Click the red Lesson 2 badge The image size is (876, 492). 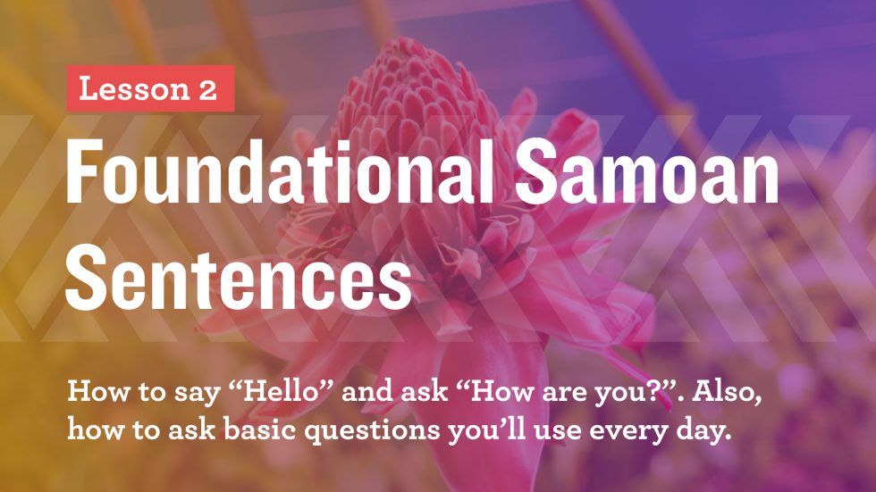(150, 88)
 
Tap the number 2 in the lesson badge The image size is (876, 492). (207, 88)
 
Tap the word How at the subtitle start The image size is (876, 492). (91, 393)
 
